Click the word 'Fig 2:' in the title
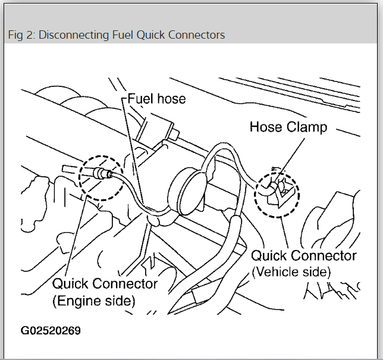(x=20, y=35)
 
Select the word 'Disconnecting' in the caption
(x=67, y=35)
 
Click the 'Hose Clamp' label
(x=288, y=127)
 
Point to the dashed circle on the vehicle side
(x=277, y=195)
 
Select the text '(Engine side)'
(x=94, y=301)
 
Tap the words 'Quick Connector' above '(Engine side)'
(x=105, y=284)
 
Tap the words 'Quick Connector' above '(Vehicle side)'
(x=303, y=256)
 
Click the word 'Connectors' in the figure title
(x=198, y=35)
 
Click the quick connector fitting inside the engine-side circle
(x=99, y=174)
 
